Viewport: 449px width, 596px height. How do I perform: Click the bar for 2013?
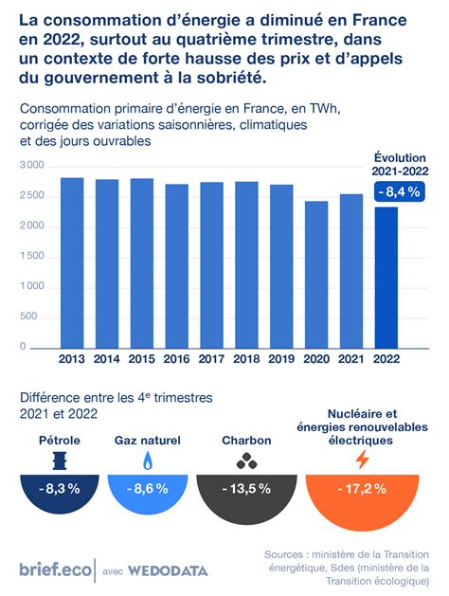(x=72, y=262)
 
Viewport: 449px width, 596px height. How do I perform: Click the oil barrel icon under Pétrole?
(x=59, y=461)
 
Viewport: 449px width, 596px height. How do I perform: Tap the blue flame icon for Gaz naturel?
(x=148, y=461)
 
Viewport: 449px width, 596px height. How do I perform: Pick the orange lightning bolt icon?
(x=362, y=461)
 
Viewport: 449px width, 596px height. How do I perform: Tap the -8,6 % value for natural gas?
(x=148, y=489)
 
